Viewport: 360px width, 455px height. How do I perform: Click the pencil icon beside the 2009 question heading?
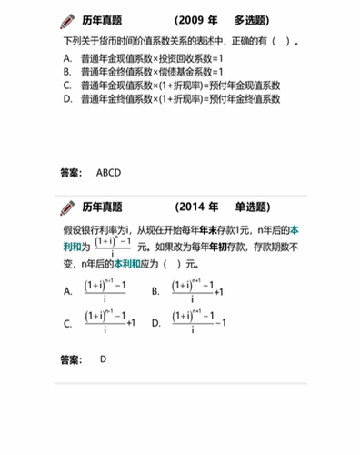click(x=67, y=20)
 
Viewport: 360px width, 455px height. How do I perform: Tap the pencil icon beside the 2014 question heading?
click(x=67, y=207)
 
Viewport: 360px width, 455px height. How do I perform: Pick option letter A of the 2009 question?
click(x=67, y=57)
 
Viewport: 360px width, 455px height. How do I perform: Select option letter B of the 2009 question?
click(x=67, y=71)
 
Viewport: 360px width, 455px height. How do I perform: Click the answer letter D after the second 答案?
click(x=104, y=359)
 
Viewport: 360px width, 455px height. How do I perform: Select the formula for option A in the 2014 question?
click(x=105, y=290)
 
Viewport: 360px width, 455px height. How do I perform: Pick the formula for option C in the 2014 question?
click(x=109, y=321)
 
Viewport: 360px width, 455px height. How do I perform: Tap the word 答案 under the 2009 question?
click(x=71, y=172)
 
